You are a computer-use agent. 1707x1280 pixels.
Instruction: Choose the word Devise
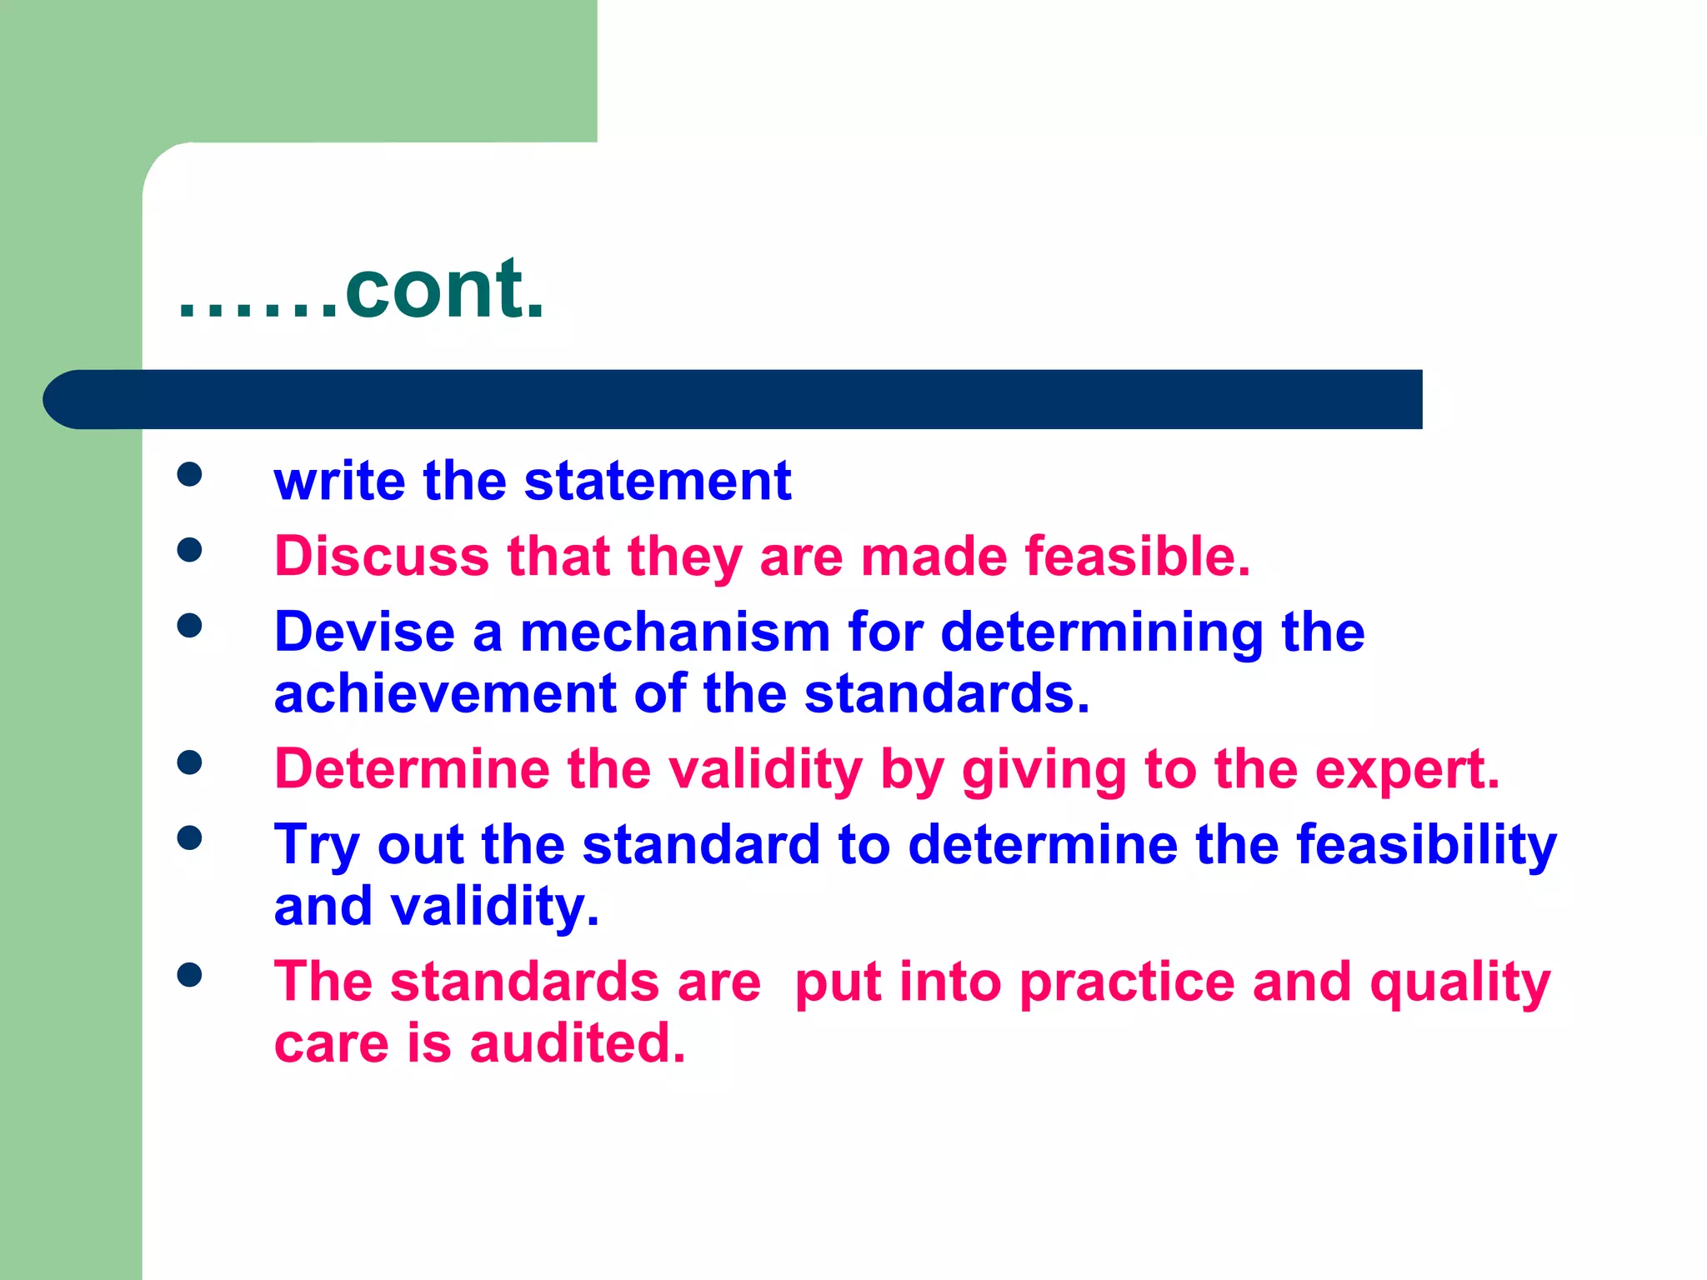pyautogui.click(x=364, y=632)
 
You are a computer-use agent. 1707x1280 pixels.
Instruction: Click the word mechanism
pyautogui.click(x=675, y=632)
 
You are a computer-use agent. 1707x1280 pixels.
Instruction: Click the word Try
pyautogui.click(x=317, y=845)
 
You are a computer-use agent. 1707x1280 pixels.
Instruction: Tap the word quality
pyautogui.click(x=1460, y=983)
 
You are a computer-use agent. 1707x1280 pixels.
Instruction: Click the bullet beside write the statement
pyautogui.click(x=190, y=474)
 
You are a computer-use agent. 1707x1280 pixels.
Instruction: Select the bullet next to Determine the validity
pyautogui.click(x=190, y=762)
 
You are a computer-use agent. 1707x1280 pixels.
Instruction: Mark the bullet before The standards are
pyautogui.click(x=190, y=974)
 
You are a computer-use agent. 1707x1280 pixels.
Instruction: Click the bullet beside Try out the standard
pyautogui.click(x=190, y=837)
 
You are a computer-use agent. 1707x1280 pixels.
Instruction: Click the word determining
pyautogui.click(x=1102, y=633)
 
